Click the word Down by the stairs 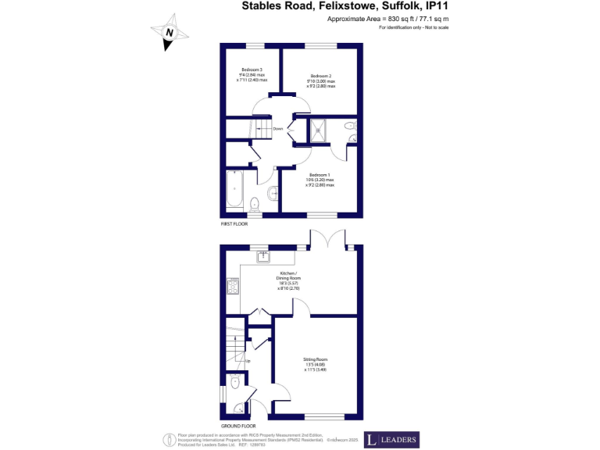tap(277, 129)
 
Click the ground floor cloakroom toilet tap(236, 383)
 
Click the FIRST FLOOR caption tap(235, 223)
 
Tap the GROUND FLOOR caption tap(237, 426)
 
